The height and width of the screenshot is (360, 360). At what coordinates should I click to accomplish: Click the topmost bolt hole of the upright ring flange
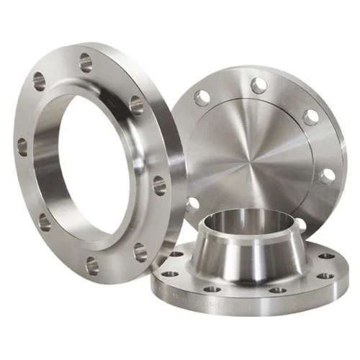point(86,62)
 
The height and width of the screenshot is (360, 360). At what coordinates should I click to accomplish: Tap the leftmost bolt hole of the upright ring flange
point(22,147)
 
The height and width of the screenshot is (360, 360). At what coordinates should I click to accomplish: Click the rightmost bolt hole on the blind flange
point(328,176)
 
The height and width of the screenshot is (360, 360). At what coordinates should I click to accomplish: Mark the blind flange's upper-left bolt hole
point(204,96)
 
